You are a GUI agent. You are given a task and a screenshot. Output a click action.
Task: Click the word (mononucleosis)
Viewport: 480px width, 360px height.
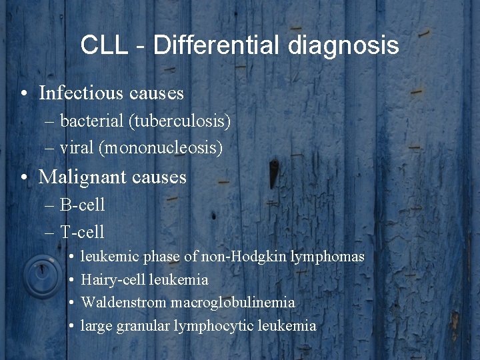161,147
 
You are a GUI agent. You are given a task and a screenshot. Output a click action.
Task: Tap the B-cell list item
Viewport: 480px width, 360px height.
83,205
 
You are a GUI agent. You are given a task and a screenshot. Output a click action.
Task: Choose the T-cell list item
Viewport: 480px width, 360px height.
82,231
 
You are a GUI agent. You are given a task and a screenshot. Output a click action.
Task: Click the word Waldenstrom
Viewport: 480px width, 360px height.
123,303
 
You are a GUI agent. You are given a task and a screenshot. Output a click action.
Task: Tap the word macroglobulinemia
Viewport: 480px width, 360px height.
233,303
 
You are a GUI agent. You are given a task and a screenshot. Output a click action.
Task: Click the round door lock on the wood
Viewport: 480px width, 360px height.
42,277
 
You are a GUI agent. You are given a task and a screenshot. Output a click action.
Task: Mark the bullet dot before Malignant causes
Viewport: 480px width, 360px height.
24,177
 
